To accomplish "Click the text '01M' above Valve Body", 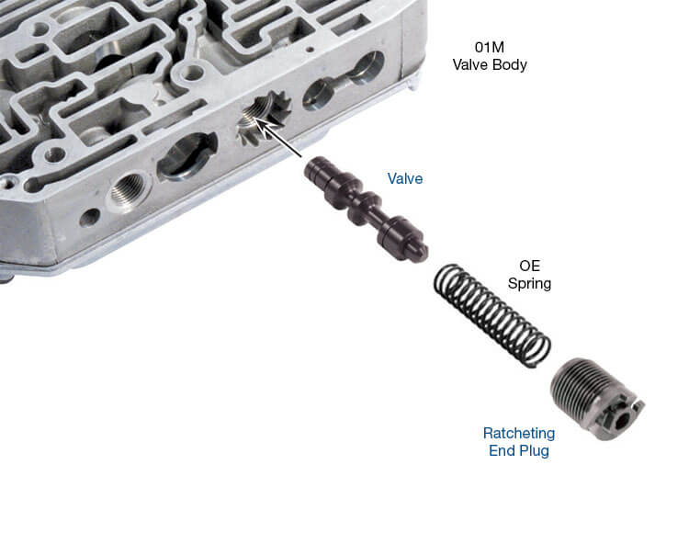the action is point(489,47).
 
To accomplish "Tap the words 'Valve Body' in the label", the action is point(490,64).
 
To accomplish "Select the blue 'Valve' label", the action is point(405,178).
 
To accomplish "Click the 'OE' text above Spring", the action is point(529,266).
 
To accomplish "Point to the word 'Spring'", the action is point(529,283).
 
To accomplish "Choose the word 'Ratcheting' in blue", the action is point(519,433).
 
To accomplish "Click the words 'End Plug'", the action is point(519,451).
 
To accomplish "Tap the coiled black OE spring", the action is point(491,315).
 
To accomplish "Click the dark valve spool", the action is point(366,210).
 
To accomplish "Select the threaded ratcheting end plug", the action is point(596,400).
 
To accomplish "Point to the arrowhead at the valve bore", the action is point(259,123).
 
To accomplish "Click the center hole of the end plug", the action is point(621,423).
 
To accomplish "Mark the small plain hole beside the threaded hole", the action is point(89,218).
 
